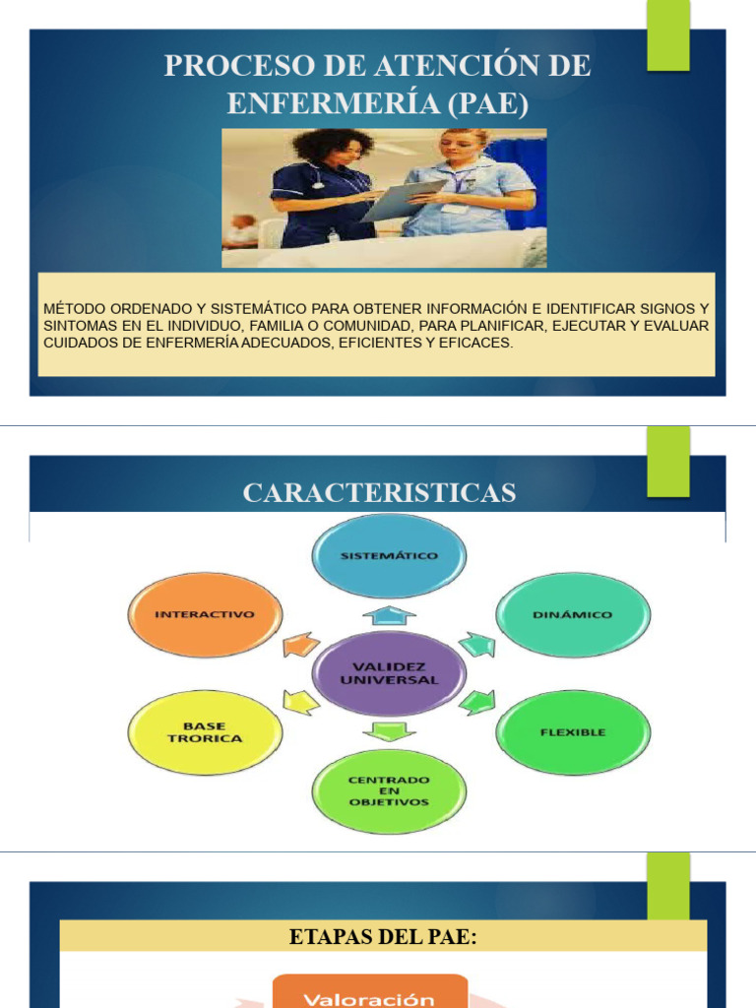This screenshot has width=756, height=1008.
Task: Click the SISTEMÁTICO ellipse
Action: tap(389, 556)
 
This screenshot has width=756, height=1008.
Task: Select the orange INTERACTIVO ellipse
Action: tap(205, 614)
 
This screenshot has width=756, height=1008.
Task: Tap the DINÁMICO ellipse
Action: tap(572, 614)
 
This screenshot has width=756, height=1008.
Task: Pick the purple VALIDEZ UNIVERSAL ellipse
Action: tap(389, 673)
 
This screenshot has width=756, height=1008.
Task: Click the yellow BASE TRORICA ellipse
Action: tap(205, 732)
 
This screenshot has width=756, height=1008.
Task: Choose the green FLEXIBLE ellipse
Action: tap(572, 732)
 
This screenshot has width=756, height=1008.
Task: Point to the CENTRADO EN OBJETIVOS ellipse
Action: tap(389, 790)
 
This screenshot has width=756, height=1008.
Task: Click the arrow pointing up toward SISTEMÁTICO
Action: tap(389, 615)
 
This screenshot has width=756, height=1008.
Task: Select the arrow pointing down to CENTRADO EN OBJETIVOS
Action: tap(389, 730)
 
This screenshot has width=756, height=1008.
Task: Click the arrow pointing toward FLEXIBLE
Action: tap(477, 702)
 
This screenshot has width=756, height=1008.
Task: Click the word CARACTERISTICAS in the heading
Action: tap(379, 492)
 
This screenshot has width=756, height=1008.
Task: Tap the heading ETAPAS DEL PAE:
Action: tap(383, 937)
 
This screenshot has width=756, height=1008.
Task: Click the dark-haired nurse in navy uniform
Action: tap(324, 187)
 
